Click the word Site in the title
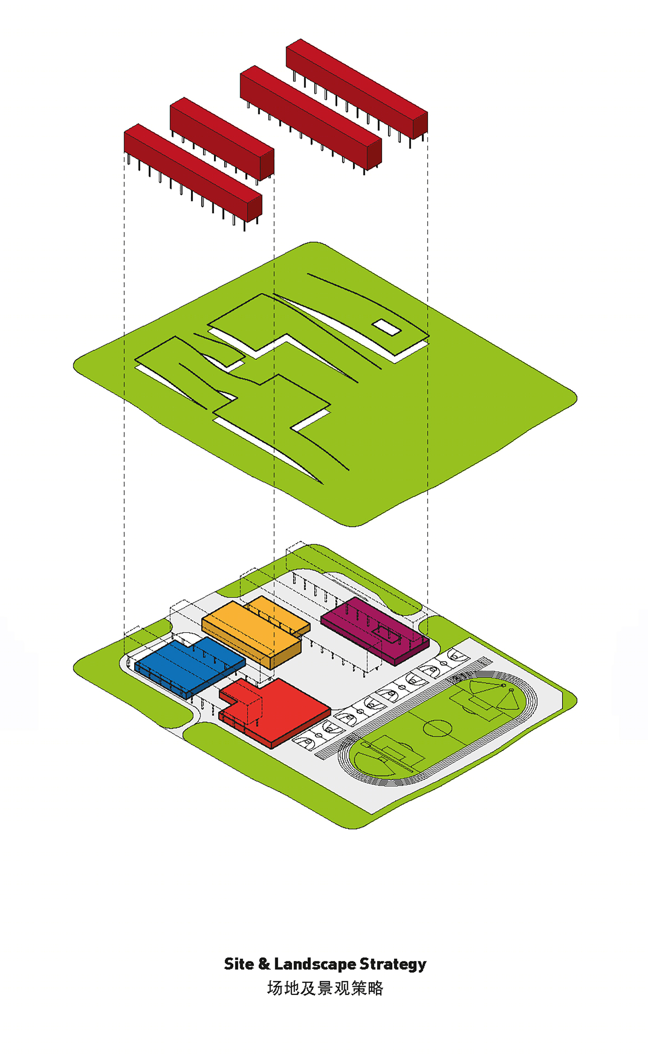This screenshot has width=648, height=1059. tap(239, 964)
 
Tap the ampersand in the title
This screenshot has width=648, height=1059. tap(264, 964)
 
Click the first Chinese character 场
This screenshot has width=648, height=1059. tap(275, 988)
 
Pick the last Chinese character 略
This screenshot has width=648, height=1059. tap(375, 988)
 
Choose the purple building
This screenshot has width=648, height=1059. tap(375, 630)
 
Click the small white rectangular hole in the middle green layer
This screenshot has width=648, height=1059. tap(386, 328)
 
